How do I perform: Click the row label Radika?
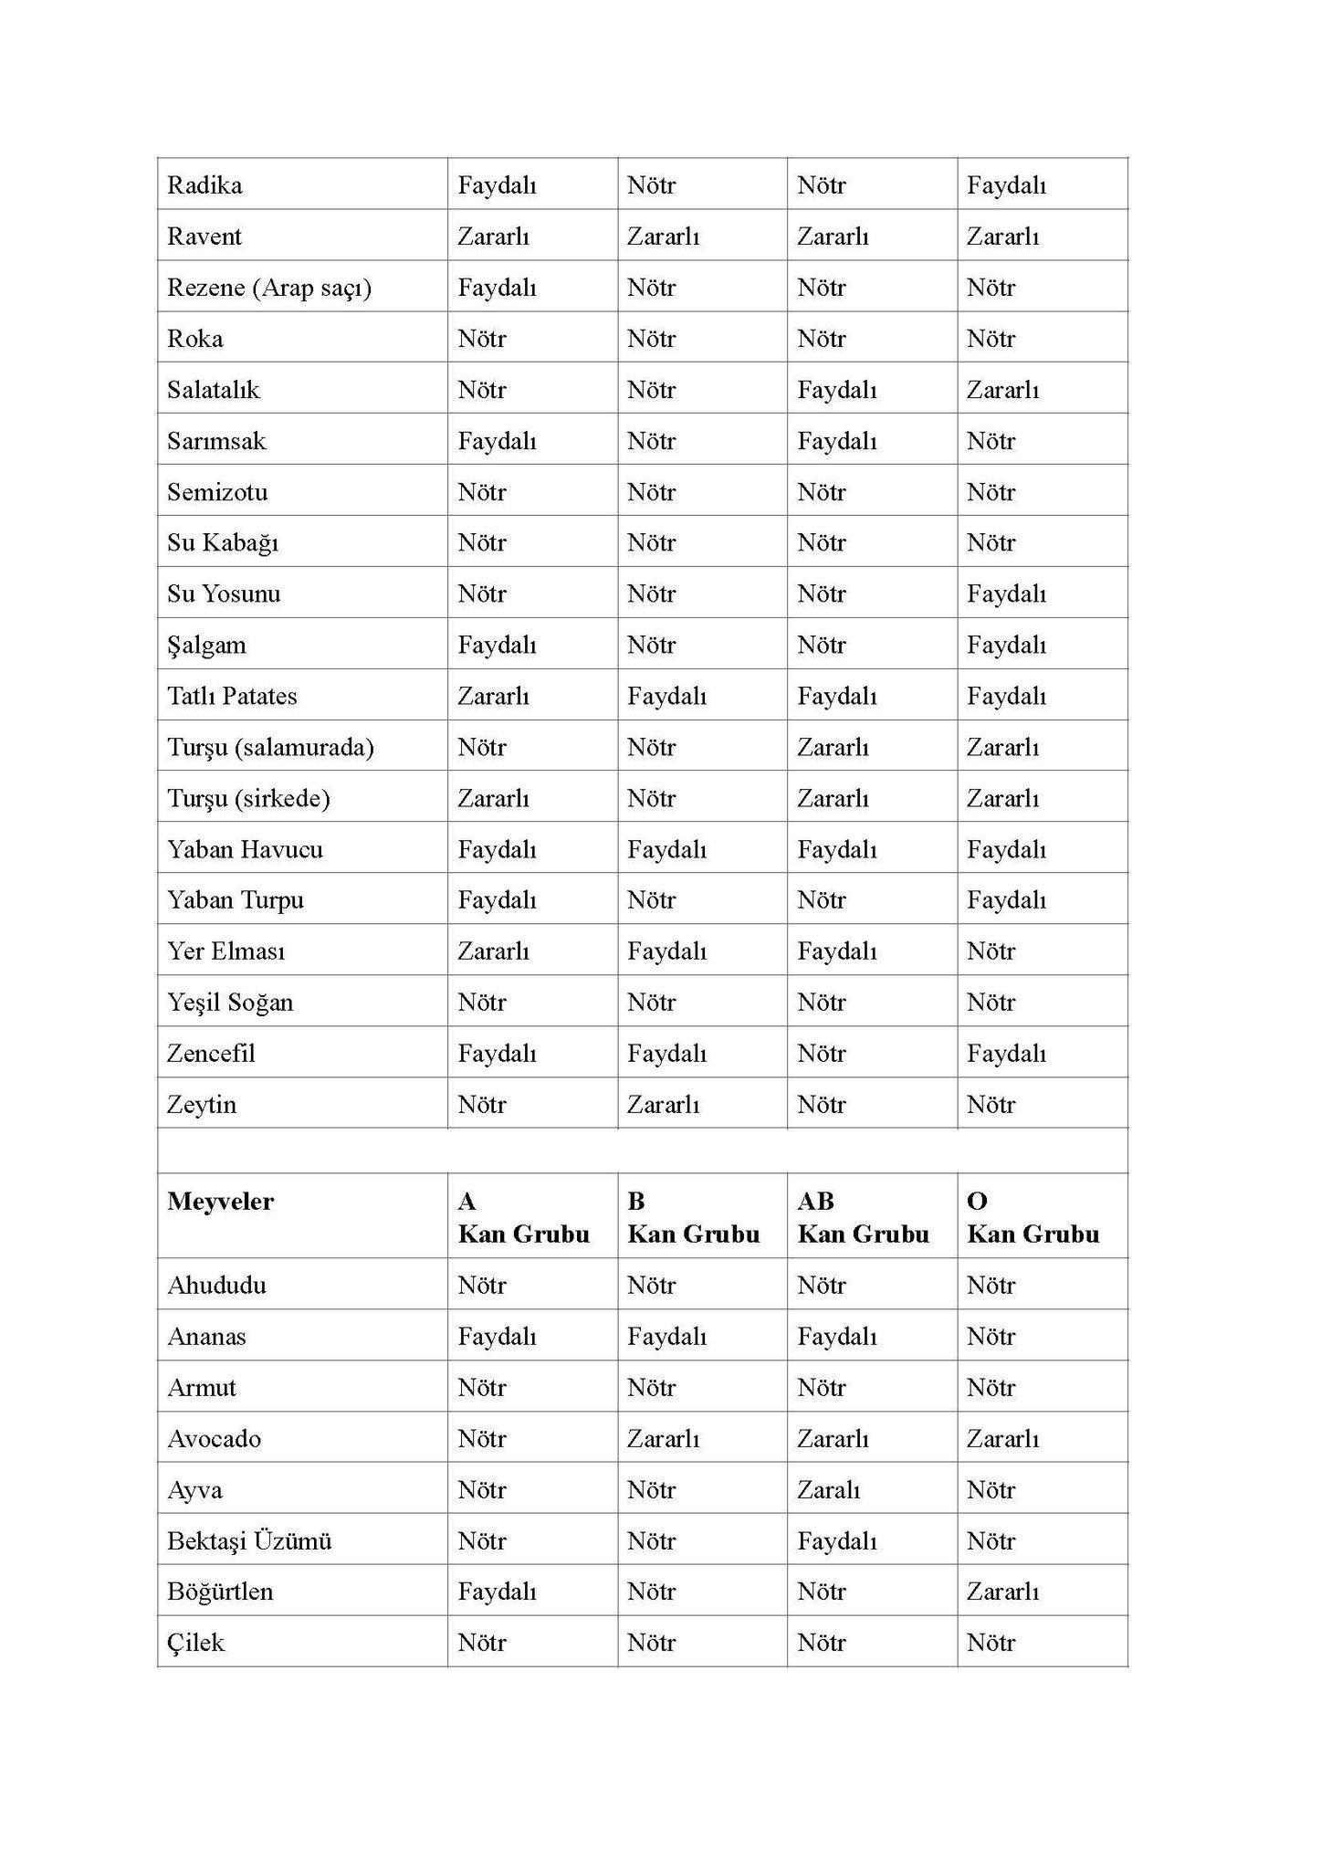pyautogui.click(x=204, y=185)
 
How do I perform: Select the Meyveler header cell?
pyautogui.click(x=220, y=1201)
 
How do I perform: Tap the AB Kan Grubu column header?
pyautogui.click(x=863, y=1217)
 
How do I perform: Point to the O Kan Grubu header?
pyautogui.click(x=1033, y=1217)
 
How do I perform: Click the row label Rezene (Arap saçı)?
pyautogui.click(x=269, y=288)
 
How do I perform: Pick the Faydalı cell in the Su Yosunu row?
pyautogui.click(x=1006, y=594)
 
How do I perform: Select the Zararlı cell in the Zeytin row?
pyautogui.click(x=663, y=1104)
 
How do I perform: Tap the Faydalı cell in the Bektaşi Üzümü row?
pyautogui.click(x=836, y=1540)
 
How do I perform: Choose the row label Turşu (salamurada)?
pyautogui.click(x=270, y=747)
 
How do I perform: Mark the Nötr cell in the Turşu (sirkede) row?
pyautogui.click(x=651, y=798)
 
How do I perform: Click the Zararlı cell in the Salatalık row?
pyautogui.click(x=1002, y=390)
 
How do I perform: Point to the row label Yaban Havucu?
pyautogui.click(x=245, y=849)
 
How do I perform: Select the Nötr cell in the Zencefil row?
pyautogui.click(x=821, y=1053)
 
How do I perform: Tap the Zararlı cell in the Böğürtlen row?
pyautogui.click(x=1002, y=1591)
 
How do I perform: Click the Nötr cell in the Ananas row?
pyautogui.click(x=991, y=1336)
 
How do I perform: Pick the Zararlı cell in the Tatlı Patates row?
pyautogui.click(x=493, y=696)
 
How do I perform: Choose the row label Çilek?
pyautogui.click(x=195, y=1642)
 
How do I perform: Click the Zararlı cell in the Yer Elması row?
pyautogui.click(x=493, y=951)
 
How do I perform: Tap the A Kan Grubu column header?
pyautogui.click(x=523, y=1217)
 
